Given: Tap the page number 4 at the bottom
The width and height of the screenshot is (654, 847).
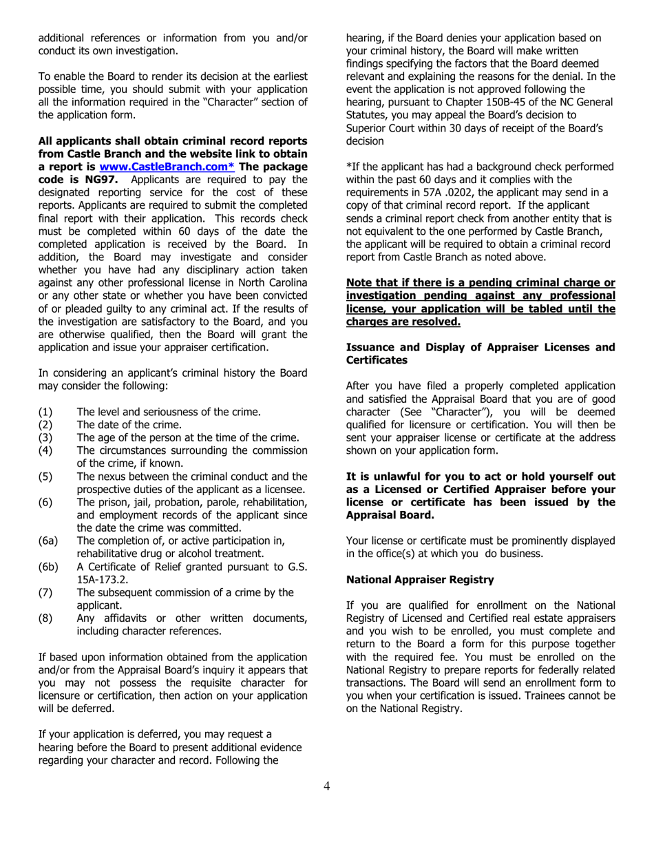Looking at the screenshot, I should [x=326, y=786].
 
